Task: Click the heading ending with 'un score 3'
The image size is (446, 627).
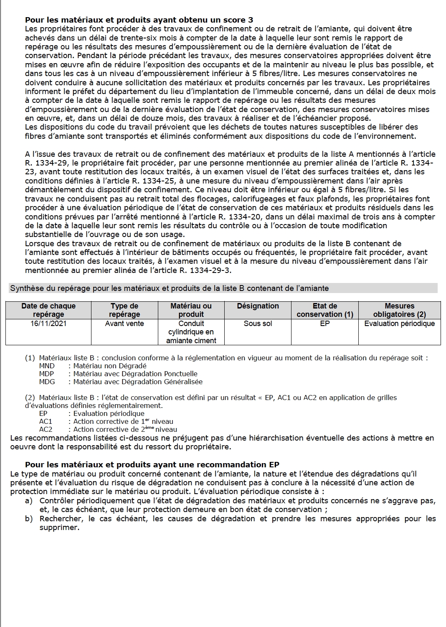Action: pos(139,20)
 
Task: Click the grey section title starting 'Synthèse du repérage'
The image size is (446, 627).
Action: pos(169,288)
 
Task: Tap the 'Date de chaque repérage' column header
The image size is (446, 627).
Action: pos(48,310)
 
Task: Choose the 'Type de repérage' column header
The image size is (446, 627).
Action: pos(124,310)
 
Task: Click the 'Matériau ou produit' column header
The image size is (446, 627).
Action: pos(191,310)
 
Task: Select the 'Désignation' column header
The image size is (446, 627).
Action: pos(258,306)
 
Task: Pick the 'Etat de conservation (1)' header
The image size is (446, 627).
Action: pos(324,310)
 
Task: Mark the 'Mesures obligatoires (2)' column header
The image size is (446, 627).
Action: pos(399,310)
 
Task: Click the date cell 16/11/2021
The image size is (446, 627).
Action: pos(48,324)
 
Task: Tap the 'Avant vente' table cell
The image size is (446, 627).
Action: pos(124,324)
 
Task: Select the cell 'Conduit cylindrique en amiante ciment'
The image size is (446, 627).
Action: pos(191,332)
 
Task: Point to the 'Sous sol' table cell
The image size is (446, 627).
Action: pos(258,324)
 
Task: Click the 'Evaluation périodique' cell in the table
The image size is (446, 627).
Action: pos(399,324)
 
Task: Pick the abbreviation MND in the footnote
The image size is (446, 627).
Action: pos(47,366)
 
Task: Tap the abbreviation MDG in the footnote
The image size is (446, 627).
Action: pos(47,382)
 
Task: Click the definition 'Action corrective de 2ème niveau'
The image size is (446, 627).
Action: pos(125,429)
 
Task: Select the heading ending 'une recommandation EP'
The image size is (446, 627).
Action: pos(152,464)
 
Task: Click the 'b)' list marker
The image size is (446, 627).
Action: pos(29,519)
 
